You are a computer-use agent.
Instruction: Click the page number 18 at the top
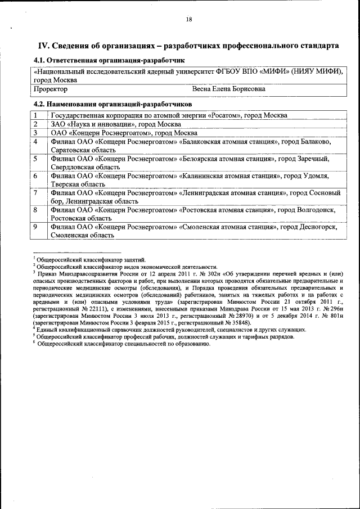[x=189, y=19]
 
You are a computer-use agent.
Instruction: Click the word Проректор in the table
[x=51, y=89]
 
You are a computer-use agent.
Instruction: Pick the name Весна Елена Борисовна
[x=229, y=89]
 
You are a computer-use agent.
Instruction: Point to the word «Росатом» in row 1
[x=224, y=115]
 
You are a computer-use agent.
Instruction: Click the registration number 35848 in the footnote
[x=238, y=324]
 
